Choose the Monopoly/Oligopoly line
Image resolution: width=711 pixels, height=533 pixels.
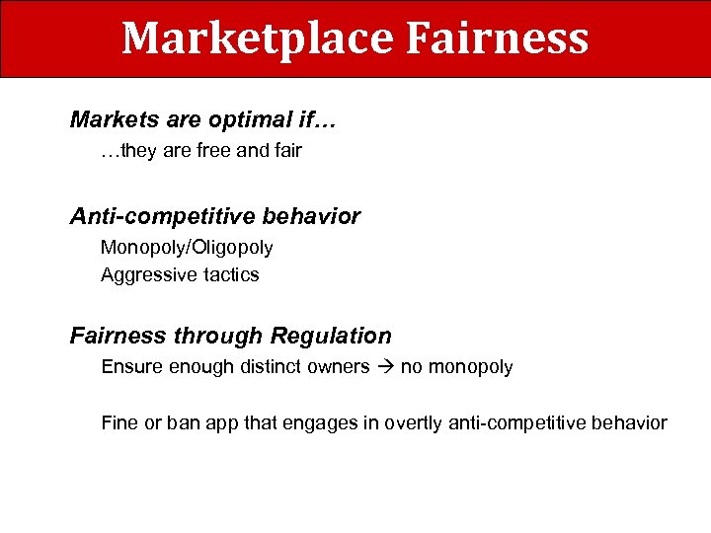[187, 247]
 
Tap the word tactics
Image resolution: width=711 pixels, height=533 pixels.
[229, 274]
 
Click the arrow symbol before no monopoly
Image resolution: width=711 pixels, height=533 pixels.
[385, 367]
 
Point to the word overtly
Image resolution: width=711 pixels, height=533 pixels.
[414, 423]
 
